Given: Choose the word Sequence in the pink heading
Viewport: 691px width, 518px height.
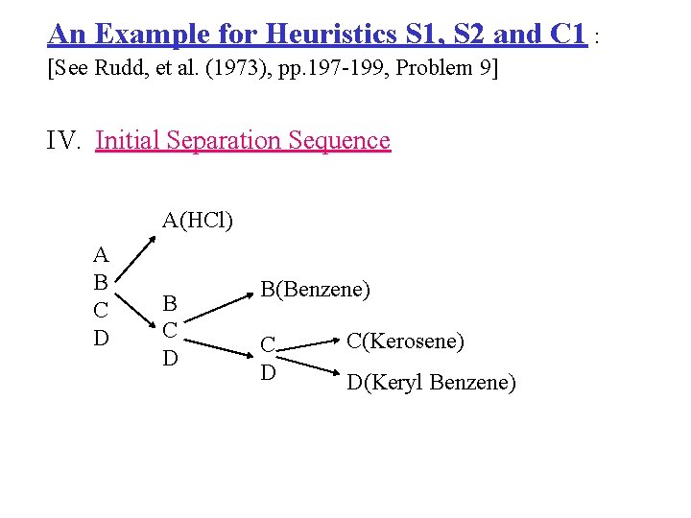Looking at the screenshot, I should pos(340,141).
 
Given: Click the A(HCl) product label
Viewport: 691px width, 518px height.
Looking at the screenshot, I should pos(197,221).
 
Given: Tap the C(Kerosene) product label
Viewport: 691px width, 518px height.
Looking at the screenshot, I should pos(405,341).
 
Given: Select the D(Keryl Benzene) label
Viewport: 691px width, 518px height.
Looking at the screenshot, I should pos(431,384).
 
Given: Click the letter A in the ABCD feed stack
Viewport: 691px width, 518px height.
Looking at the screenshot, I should pos(101,255).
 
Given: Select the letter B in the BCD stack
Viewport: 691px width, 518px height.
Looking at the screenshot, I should pos(170,304).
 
